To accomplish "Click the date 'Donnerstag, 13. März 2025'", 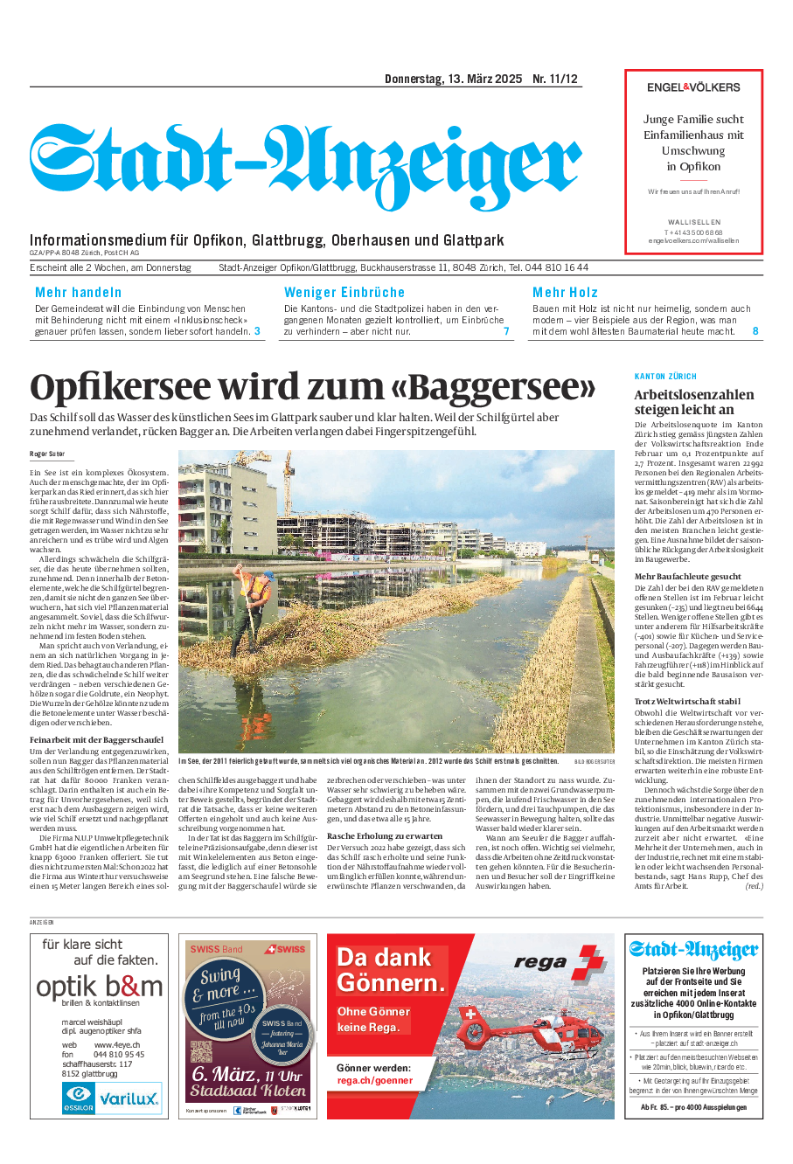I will click(x=453, y=79).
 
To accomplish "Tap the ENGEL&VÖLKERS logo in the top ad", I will click(x=693, y=87).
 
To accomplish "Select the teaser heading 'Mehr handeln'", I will click(x=79, y=293).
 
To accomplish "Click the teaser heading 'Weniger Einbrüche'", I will click(x=344, y=293).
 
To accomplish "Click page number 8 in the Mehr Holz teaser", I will click(x=755, y=331).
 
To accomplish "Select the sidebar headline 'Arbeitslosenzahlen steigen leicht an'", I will click(x=694, y=402).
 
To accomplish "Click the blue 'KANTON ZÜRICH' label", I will click(x=665, y=376).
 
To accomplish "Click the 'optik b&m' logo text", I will click(x=100, y=987).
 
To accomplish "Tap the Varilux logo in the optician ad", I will click(x=128, y=1098).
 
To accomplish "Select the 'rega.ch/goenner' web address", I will click(x=374, y=1081).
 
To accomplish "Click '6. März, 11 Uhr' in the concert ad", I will click(x=247, y=1074).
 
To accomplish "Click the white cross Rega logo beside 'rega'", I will click(x=591, y=962).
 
